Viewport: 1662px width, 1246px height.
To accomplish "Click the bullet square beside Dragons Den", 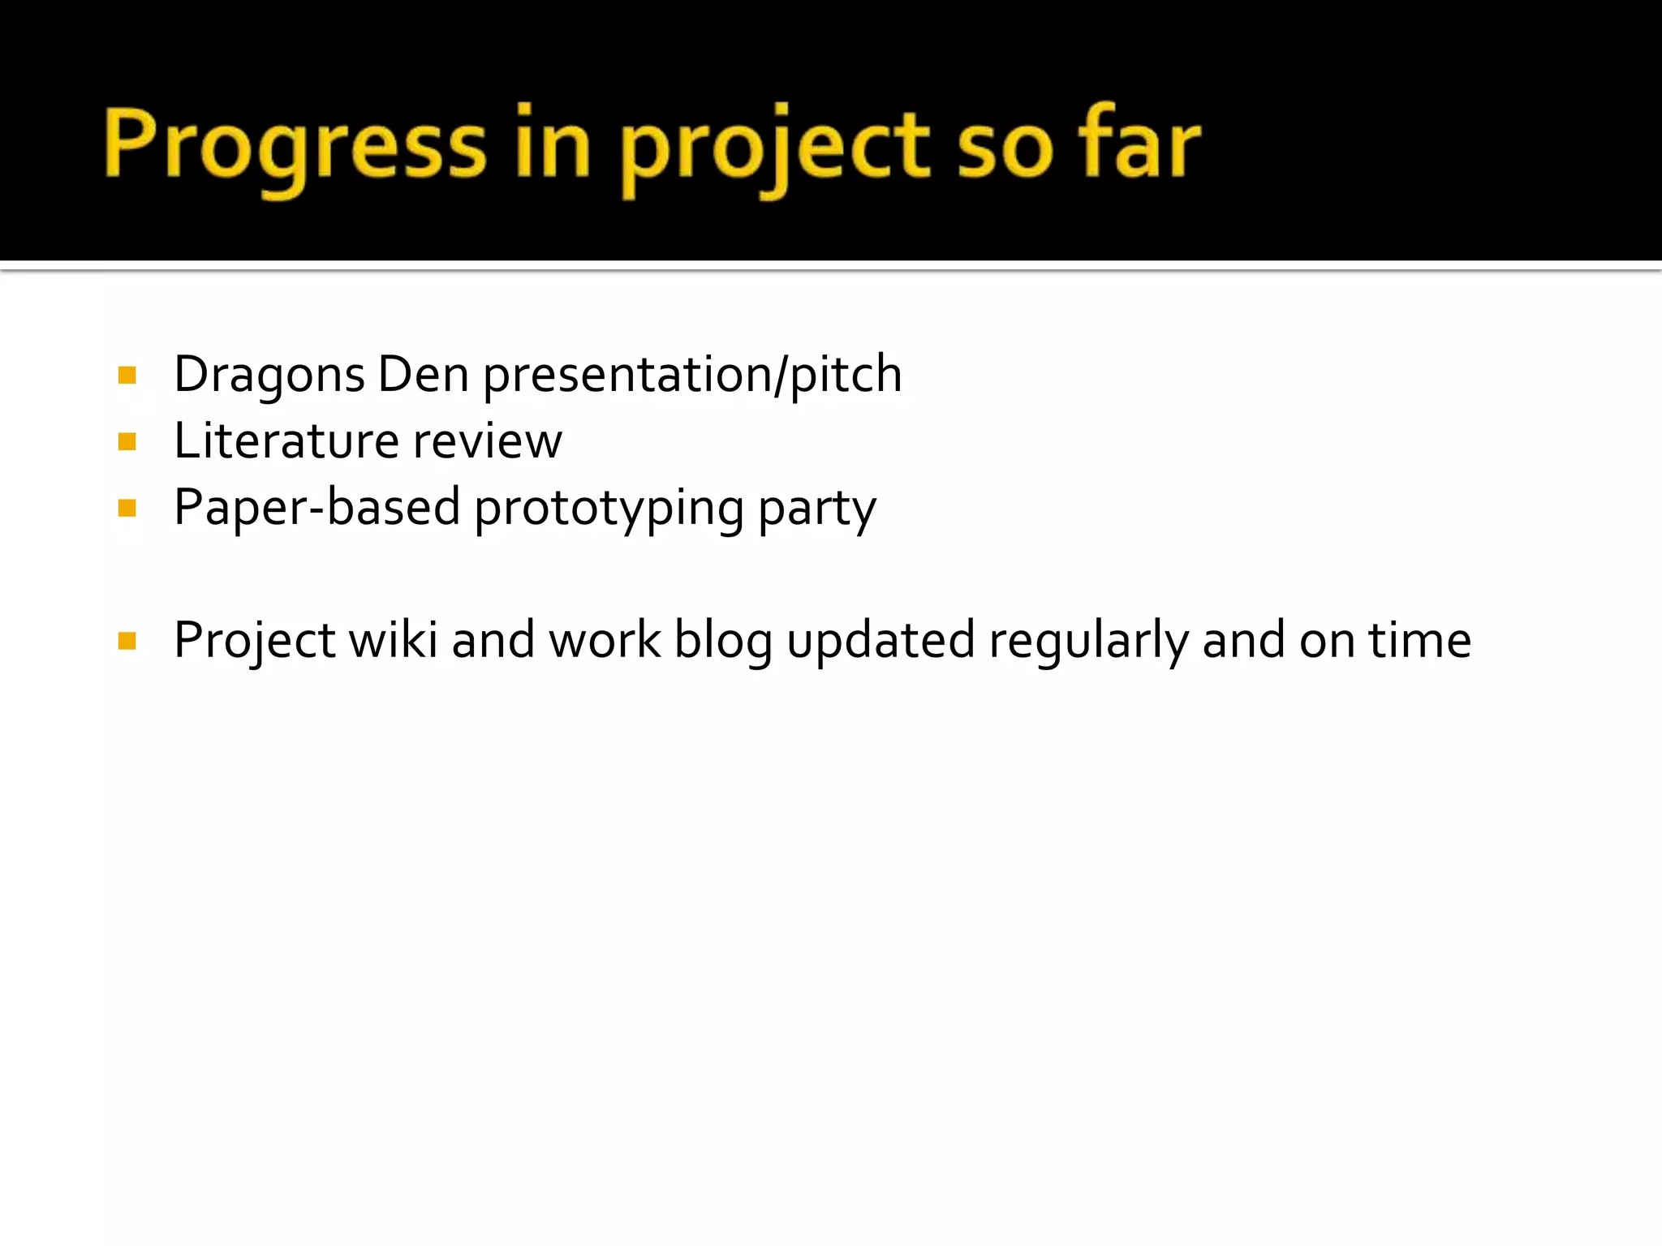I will [127, 375].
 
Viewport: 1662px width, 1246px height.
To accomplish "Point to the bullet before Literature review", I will [127, 442].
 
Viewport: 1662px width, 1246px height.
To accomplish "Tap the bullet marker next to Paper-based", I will [127, 509].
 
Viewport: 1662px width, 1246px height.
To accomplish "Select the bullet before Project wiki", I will [127, 642].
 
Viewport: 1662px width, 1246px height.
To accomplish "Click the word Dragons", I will [269, 376].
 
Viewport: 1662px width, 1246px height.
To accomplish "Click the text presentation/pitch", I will [692, 376].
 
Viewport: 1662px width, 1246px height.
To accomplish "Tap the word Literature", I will [286, 442].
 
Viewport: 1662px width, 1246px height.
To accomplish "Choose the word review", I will [487, 442].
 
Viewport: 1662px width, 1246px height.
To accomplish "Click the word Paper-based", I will [317, 509].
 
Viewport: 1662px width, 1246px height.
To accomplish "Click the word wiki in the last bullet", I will [393, 641].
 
